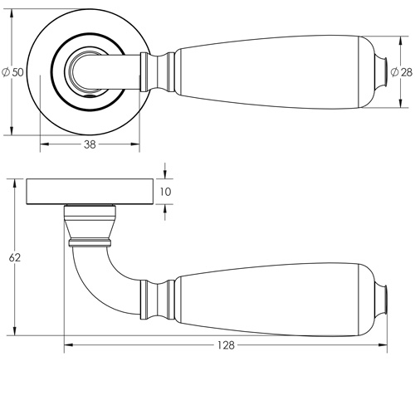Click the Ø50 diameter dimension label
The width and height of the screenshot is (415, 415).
click(12, 72)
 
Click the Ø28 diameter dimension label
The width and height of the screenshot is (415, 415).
click(405, 73)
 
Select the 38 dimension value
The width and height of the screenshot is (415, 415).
click(89, 144)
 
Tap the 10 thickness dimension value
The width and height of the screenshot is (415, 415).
click(165, 192)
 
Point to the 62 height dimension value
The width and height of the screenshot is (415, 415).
click(14, 258)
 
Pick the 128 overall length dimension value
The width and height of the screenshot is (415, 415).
click(226, 344)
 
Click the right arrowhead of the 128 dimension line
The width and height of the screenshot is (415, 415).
click(389, 344)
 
